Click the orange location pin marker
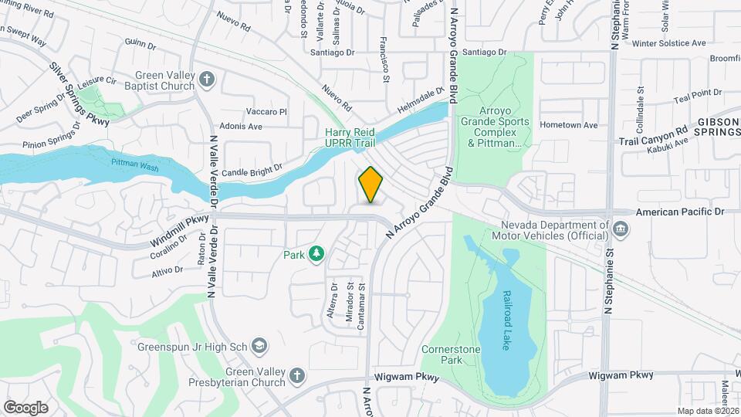(371, 184)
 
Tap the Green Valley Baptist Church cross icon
(206, 78)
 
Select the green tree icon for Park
(316, 253)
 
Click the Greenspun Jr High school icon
(261, 345)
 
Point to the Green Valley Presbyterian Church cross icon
(296, 376)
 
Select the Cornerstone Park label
(452, 354)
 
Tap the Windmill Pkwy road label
(180, 230)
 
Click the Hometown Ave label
(569, 125)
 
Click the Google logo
(25, 407)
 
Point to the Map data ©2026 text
(707, 411)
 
